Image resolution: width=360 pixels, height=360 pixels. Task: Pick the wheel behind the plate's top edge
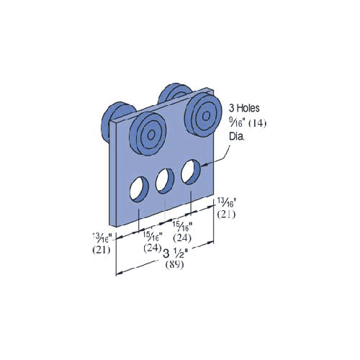[x=174, y=96]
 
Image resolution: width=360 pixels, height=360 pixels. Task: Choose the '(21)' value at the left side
[x=101, y=249]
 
